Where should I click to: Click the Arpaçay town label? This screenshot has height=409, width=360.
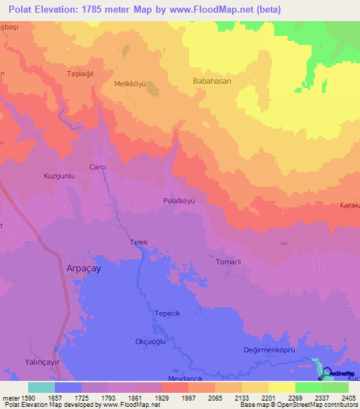77,268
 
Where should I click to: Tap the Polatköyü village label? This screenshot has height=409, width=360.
178,200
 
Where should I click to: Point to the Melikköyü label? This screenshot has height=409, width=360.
129,84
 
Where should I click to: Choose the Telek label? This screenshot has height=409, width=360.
139,242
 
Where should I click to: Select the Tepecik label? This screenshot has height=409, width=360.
167,315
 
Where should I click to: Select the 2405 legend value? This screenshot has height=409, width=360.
347,398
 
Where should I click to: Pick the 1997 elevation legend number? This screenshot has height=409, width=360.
188,398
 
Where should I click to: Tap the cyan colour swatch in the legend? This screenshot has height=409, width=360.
41,387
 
